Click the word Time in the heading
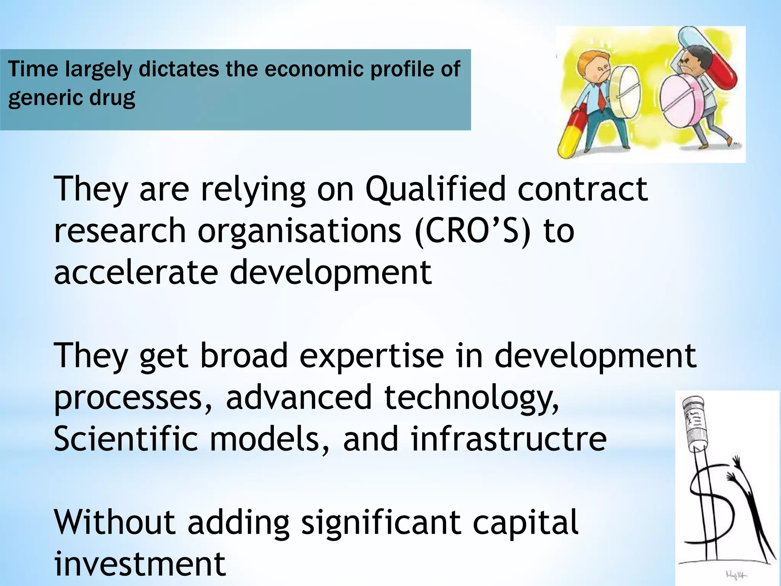[33, 69]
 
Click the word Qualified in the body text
[435, 189]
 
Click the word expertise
[372, 356]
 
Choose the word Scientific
[126, 439]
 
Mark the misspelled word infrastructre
[509, 439]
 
